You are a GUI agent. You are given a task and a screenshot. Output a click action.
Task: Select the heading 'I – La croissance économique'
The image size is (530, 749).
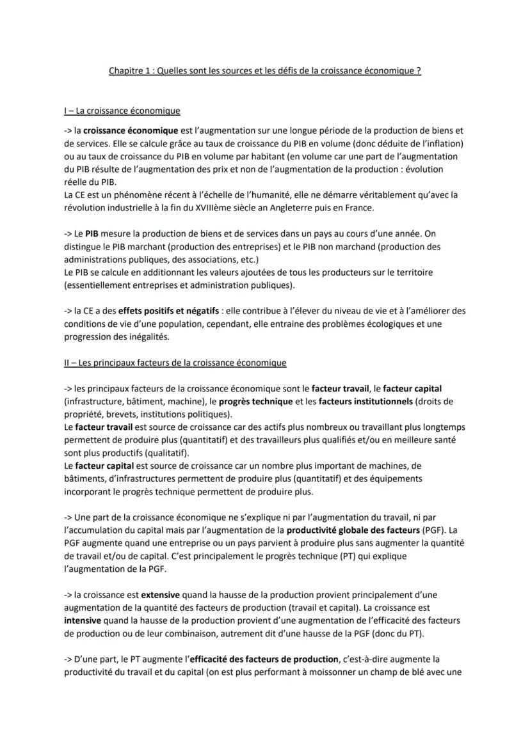pos(122,111)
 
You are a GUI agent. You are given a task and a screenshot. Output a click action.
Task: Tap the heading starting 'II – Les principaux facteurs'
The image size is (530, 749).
pos(175,363)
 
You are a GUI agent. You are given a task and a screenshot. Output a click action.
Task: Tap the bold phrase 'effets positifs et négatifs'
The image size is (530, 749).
pos(165,311)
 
